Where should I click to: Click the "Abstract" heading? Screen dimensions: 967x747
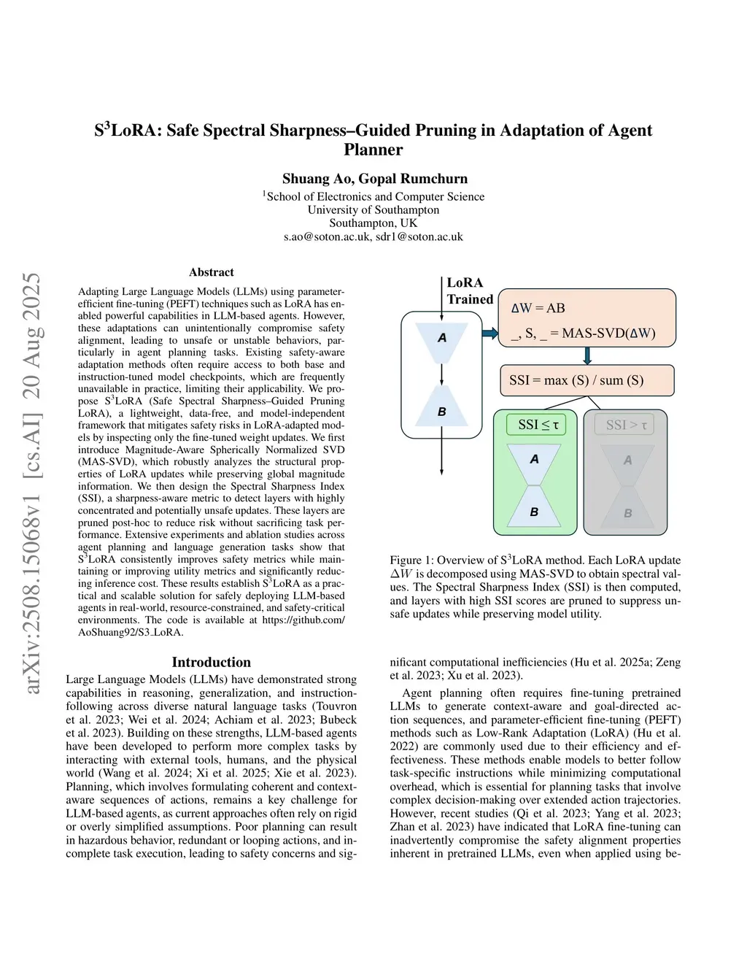pos(212,272)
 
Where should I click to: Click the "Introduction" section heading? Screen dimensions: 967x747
pos(212,662)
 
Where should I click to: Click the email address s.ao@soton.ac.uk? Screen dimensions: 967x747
pos(327,236)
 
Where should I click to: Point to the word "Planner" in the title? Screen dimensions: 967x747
pos(373,150)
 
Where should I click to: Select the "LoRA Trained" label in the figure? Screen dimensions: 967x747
pos(469,291)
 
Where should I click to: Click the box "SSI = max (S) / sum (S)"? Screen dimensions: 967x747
pos(576,380)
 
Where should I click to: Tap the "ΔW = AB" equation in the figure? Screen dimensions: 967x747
pos(538,308)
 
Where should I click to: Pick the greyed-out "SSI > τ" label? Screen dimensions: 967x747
pos(627,425)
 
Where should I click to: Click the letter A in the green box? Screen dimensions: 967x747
pos(535,460)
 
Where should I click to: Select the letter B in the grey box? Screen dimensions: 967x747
pos(627,514)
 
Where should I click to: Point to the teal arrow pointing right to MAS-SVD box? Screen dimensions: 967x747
pos(489,334)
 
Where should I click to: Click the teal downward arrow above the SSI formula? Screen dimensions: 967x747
pos(587,356)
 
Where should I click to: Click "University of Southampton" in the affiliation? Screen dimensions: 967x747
pos(373,210)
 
